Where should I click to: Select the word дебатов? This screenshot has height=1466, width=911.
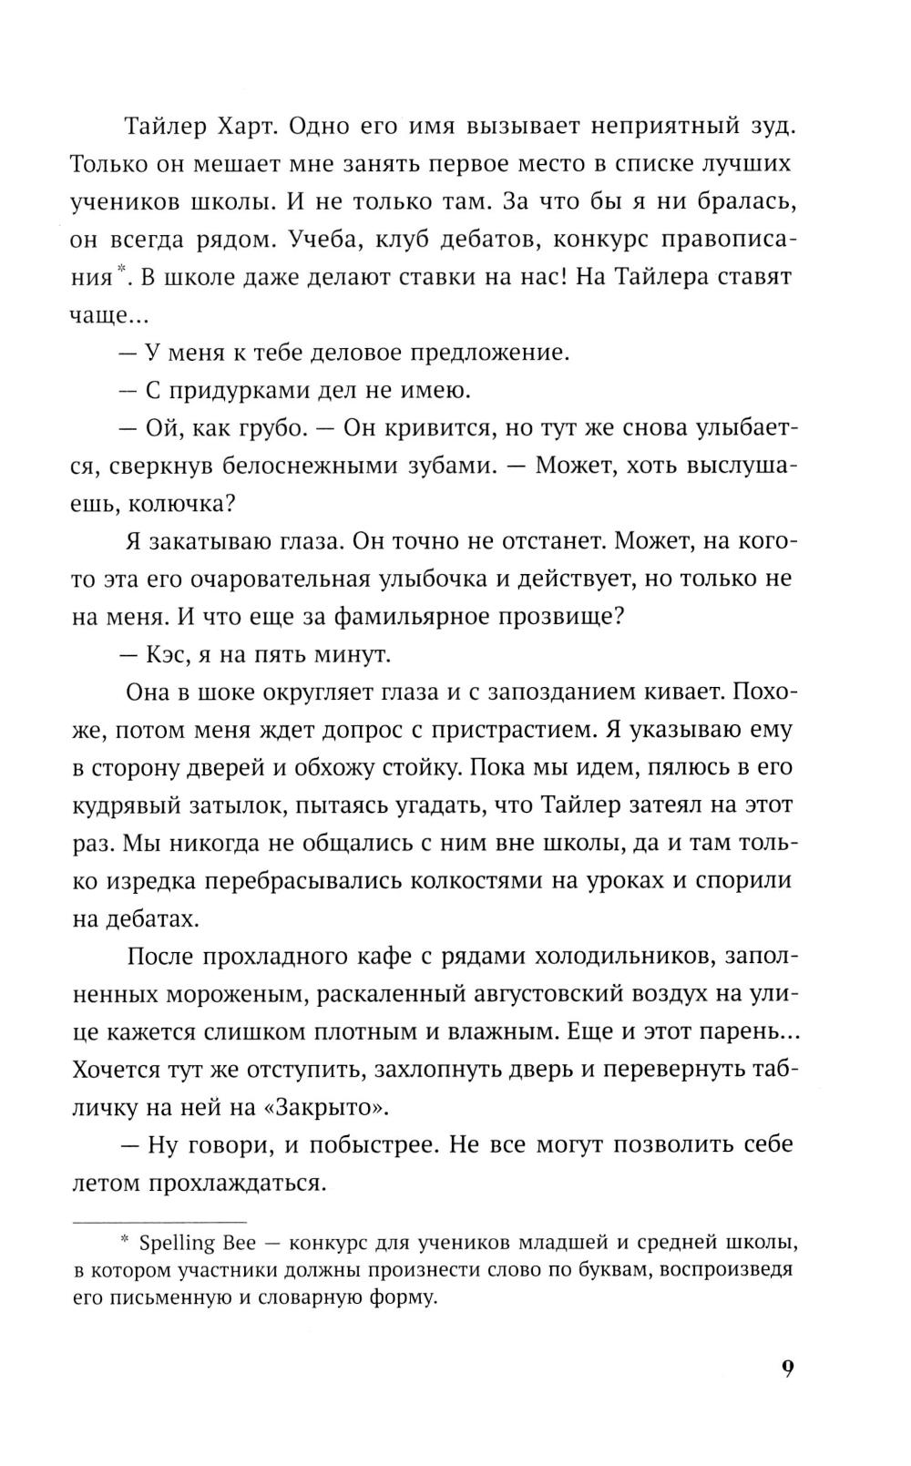pyautogui.click(x=489, y=239)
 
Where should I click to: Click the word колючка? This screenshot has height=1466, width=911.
pyautogui.click(x=190, y=503)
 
